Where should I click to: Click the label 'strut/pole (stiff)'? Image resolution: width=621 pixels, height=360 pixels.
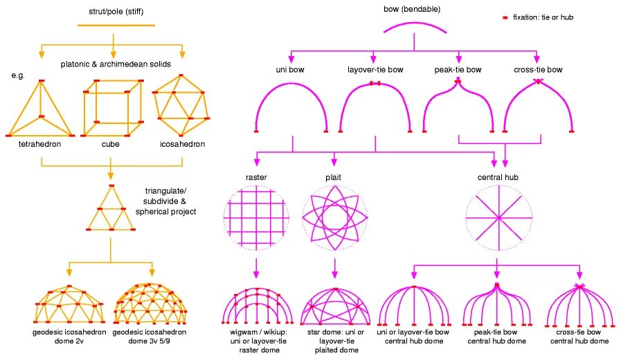coord(111,12)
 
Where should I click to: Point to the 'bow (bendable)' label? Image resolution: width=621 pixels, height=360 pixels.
coord(412,10)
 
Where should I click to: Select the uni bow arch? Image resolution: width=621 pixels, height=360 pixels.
coord(291,104)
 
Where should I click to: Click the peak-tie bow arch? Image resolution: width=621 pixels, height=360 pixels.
coord(457,104)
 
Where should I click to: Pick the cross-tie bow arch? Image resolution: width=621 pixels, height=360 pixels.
coord(538,104)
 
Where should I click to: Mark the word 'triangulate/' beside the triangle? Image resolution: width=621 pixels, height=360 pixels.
coord(166,190)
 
